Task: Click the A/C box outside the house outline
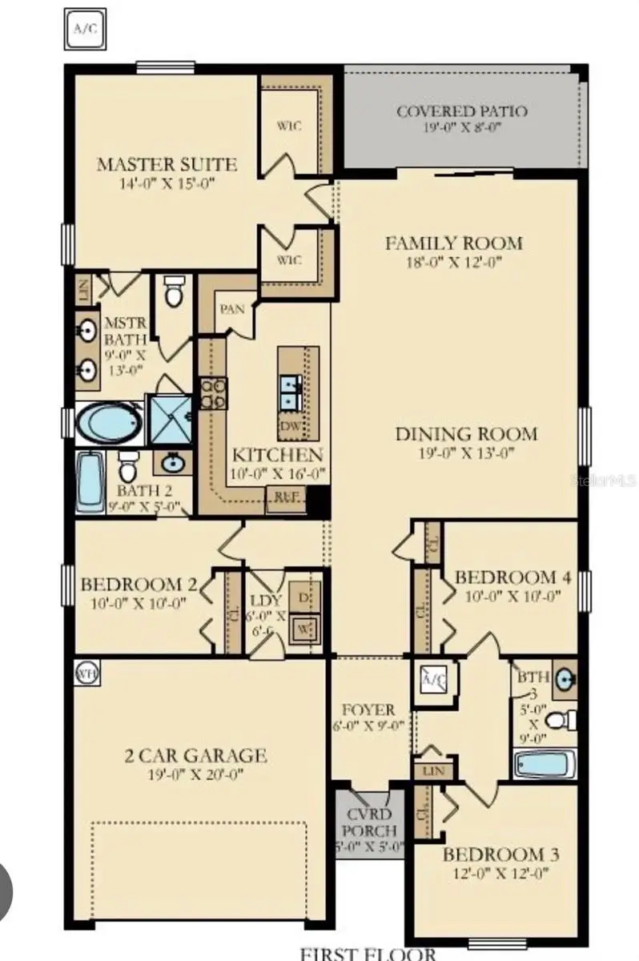pos(84,30)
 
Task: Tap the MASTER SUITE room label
pos(167,165)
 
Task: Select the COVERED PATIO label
pos(462,111)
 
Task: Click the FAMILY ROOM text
pos(453,243)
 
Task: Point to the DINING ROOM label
pos(465,434)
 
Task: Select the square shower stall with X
pos(170,419)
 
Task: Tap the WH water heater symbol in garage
pos(86,674)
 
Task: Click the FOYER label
pos(368,710)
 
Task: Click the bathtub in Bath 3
pos(542,763)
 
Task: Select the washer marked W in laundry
pos(303,629)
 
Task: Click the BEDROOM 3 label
pos(502,854)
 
